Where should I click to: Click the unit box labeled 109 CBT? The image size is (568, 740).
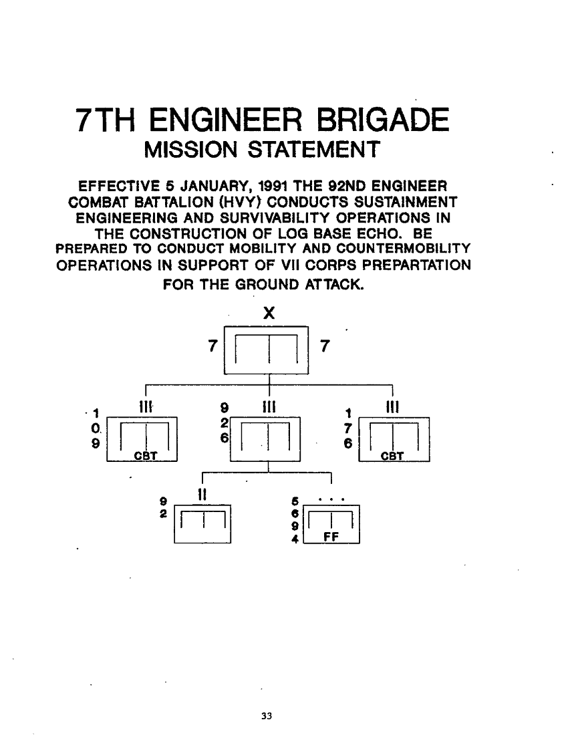142,438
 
